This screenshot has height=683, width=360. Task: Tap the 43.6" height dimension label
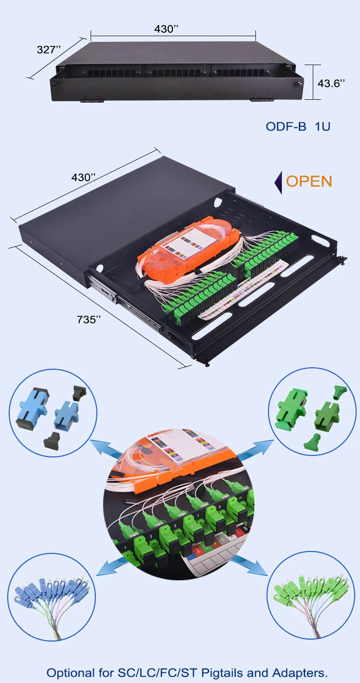331,83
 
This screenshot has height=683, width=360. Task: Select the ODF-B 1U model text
298,126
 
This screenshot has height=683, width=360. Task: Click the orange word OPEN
309,181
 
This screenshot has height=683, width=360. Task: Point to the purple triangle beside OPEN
278,182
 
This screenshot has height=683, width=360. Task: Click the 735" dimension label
89,319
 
